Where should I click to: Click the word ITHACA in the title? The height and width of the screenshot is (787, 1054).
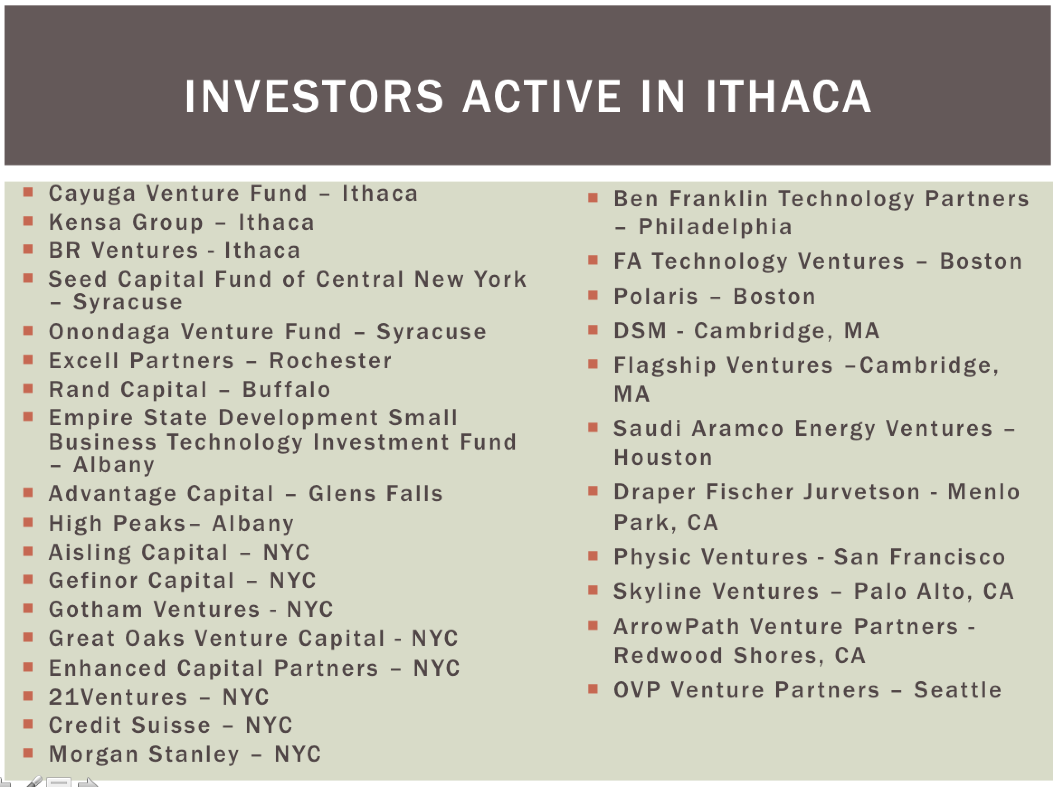pyautogui.click(x=788, y=97)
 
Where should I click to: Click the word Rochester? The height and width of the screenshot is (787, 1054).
pyautogui.click(x=330, y=360)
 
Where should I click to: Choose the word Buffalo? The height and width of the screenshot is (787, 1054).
pyautogui.click(x=286, y=390)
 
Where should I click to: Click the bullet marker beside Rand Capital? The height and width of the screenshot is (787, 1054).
pyautogui.click(x=28, y=388)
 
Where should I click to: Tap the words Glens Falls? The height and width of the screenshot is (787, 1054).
pyautogui.click(x=376, y=493)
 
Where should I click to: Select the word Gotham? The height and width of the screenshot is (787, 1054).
pyautogui.click(x=96, y=609)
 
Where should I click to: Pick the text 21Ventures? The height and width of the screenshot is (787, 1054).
pyautogui.click(x=118, y=697)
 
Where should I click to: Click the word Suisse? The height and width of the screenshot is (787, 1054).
pyautogui.click(x=171, y=725)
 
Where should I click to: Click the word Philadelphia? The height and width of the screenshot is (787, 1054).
pyautogui.click(x=715, y=227)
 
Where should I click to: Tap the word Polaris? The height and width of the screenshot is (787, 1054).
pyautogui.click(x=655, y=296)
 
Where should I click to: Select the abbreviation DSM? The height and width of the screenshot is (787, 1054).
pyautogui.click(x=640, y=331)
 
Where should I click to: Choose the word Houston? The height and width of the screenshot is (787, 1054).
pyautogui.click(x=663, y=457)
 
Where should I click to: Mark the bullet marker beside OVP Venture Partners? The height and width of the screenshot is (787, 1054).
pyautogui.click(x=593, y=688)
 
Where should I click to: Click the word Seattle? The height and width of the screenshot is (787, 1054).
pyautogui.click(x=958, y=690)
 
